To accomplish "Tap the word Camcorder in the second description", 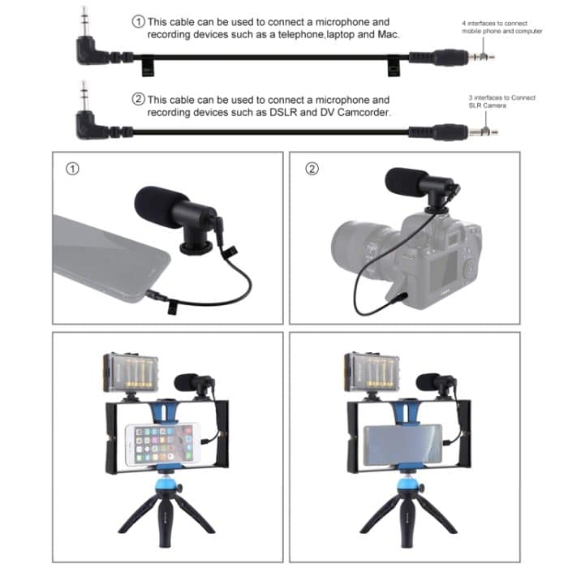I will (362, 113).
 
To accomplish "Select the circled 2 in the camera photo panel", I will (312, 170).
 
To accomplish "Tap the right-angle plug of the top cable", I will (88, 47).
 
